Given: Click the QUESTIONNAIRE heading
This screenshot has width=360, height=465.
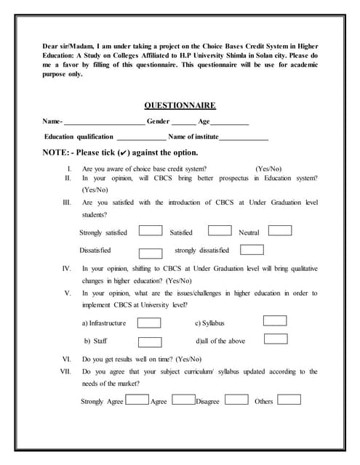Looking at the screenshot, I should point(180,105).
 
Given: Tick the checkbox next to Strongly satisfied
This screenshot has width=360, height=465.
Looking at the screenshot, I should point(150,231).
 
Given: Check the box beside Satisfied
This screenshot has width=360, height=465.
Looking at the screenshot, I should point(220,231).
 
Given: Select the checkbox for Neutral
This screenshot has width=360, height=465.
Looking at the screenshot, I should point(280,231).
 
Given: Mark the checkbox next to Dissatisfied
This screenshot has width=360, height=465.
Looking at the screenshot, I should point(150,253).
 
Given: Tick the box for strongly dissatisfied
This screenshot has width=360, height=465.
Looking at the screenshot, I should point(252,250).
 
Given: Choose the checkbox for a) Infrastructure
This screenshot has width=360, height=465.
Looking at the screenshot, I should point(149,323).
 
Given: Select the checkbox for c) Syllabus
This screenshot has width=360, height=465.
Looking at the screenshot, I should point(275,320).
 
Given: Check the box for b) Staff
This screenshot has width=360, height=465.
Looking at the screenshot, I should point(149,342).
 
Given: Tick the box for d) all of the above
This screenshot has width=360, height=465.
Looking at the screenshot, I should point(276,339).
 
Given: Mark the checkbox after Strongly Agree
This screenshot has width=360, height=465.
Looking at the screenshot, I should point(137,400).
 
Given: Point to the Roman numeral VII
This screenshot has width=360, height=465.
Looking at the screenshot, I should point(65,371).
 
